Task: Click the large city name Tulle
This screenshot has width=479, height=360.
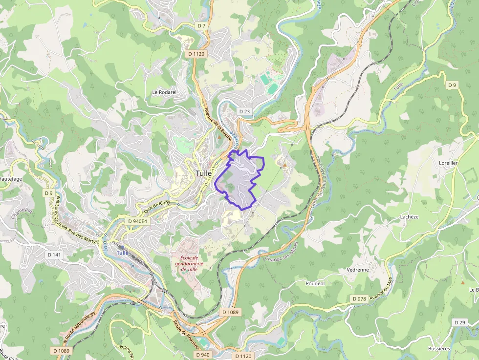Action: pyautogui.click(x=204, y=173)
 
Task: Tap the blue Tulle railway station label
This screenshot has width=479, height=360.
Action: pyautogui.click(x=122, y=253)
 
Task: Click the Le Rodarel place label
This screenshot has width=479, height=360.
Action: pyautogui.click(x=164, y=92)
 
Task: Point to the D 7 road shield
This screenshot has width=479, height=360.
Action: pyautogui.click(x=202, y=25)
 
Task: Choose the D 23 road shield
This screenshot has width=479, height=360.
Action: pyautogui.click(x=244, y=111)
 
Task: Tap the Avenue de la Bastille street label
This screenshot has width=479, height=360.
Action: pyautogui.click(x=214, y=122)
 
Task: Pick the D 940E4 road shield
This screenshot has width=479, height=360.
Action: pyautogui.click(x=137, y=221)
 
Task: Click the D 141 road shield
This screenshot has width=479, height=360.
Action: pyautogui.click(x=54, y=255)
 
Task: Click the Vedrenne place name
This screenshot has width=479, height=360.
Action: pyautogui.click(x=357, y=270)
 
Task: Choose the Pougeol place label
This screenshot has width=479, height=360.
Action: pyautogui.click(x=315, y=283)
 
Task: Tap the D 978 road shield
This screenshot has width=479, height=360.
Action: pyautogui.click(x=359, y=298)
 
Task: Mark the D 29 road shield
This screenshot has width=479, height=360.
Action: pyautogui.click(x=459, y=322)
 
